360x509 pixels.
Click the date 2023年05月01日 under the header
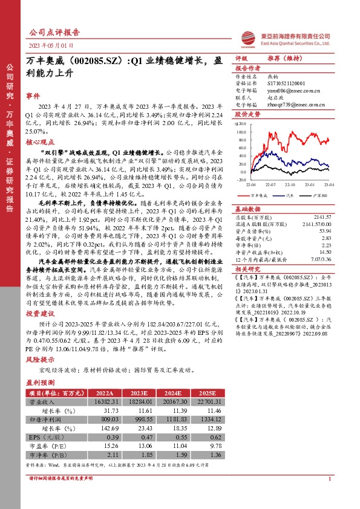(51, 46)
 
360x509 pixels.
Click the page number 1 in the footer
(329, 496)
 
